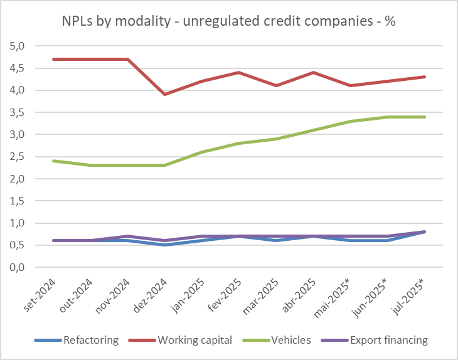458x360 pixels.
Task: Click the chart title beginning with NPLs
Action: [x=228, y=21]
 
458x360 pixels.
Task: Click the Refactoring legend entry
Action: [x=90, y=341]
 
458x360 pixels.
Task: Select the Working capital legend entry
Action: [x=195, y=341]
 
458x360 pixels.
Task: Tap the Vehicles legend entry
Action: [x=291, y=341]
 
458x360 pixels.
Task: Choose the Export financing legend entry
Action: [x=388, y=341]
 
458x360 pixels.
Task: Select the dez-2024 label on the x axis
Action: [x=151, y=295]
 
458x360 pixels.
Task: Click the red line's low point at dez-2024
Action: [x=164, y=94]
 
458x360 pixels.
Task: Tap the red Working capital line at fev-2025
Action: [x=238, y=72]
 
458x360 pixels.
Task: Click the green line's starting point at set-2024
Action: [x=54, y=161]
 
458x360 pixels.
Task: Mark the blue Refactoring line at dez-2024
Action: [x=164, y=245]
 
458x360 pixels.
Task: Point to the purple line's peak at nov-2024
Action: [x=128, y=236]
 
